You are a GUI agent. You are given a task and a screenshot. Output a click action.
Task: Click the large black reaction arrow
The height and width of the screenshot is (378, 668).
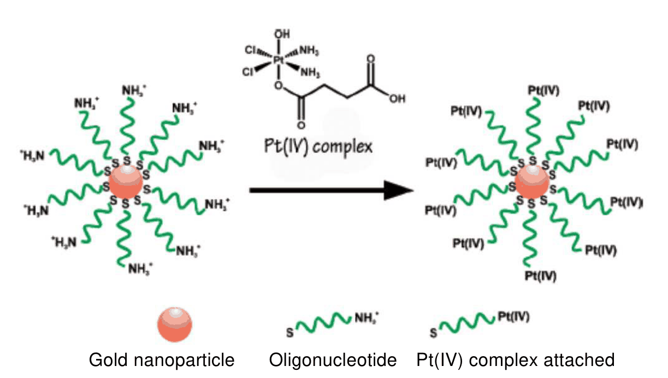[331, 190]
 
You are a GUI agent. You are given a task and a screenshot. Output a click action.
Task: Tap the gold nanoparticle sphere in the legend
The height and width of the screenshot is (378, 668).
[175, 324]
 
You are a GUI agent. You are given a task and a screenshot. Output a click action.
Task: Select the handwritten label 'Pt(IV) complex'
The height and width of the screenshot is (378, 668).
[318, 147]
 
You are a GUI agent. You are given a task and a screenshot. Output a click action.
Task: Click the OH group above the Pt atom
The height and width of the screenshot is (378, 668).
[282, 34]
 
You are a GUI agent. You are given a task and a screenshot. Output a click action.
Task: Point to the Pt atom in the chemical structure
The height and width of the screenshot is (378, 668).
[279, 60]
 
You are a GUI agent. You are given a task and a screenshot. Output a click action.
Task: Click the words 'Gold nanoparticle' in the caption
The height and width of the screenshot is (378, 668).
[162, 360]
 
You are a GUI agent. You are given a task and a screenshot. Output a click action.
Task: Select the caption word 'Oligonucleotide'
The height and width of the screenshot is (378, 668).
[333, 360]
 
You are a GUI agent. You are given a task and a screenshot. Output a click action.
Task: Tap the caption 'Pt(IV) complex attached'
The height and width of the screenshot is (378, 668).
[515, 360]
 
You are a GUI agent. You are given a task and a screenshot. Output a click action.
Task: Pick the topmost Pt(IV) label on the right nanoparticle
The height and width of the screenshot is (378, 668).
[543, 90]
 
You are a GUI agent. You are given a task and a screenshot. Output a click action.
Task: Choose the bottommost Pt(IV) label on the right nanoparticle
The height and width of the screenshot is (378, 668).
[540, 276]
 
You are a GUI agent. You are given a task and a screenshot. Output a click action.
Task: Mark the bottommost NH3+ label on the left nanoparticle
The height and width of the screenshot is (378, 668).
[140, 269]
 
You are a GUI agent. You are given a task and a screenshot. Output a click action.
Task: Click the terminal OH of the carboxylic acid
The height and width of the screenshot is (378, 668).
[397, 98]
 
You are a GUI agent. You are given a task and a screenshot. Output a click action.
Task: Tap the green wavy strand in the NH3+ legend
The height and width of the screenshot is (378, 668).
[323, 322]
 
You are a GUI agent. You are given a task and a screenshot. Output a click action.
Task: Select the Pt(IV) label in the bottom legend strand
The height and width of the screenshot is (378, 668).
[513, 316]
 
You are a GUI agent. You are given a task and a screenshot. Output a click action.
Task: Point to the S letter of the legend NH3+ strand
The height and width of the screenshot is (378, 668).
[290, 332]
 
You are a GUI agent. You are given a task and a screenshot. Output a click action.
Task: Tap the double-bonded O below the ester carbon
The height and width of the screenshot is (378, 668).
[301, 125]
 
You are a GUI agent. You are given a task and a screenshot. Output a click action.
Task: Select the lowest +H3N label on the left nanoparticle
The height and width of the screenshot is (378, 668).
[64, 242]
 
